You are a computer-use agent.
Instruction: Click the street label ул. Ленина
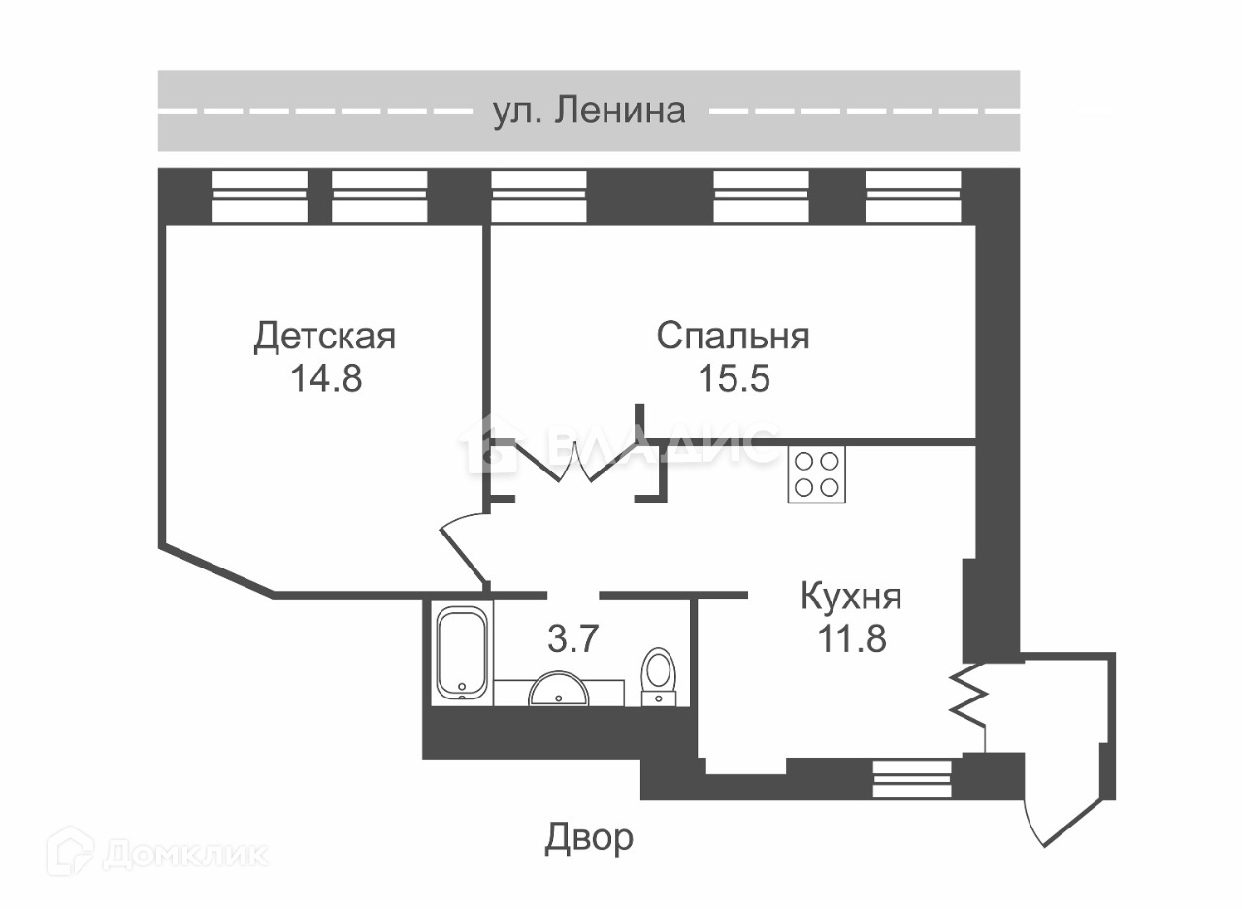589,111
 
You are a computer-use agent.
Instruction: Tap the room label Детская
324,338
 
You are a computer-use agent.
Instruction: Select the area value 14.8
325,378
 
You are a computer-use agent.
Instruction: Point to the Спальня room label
733,337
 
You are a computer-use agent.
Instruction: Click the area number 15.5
734,378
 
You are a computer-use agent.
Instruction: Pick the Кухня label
851,597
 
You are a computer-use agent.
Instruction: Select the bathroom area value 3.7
572,639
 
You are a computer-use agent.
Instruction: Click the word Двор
588,837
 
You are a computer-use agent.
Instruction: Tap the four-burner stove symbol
815,473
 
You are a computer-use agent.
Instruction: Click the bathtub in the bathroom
462,652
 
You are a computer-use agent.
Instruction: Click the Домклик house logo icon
71,851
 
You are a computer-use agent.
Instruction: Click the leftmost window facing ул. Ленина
259,196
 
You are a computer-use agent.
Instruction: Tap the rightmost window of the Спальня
913,196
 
